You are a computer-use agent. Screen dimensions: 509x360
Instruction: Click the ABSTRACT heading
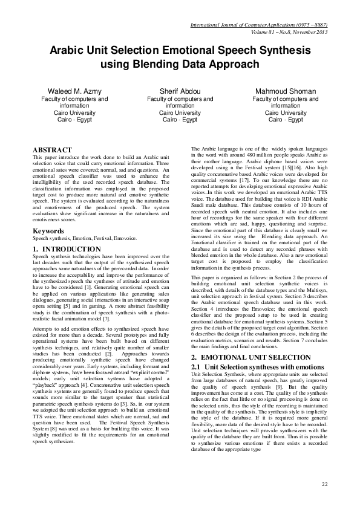click(x=52, y=150)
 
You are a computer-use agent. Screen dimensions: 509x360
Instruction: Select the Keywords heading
click(x=49, y=231)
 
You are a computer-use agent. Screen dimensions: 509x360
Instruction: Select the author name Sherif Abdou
click(x=180, y=91)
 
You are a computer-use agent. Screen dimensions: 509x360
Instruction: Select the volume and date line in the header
click(x=284, y=32)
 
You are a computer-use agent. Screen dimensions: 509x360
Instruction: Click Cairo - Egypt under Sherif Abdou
click(x=180, y=120)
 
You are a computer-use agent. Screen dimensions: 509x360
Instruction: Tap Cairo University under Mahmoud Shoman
click(x=286, y=112)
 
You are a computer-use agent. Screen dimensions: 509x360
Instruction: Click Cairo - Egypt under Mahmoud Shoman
click(x=286, y=120)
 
